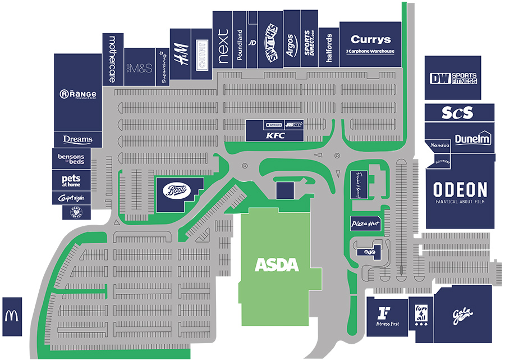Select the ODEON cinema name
tap(460, 189)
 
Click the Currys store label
tap(370, 40)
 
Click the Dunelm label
tap(472, 139)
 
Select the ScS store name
tap(457, 112)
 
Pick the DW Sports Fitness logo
tap(453, 79)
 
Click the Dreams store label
tap(77, 139)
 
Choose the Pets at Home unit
tap(71, 180)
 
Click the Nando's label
tap(440, 145)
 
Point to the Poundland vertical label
tap(240, 40)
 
